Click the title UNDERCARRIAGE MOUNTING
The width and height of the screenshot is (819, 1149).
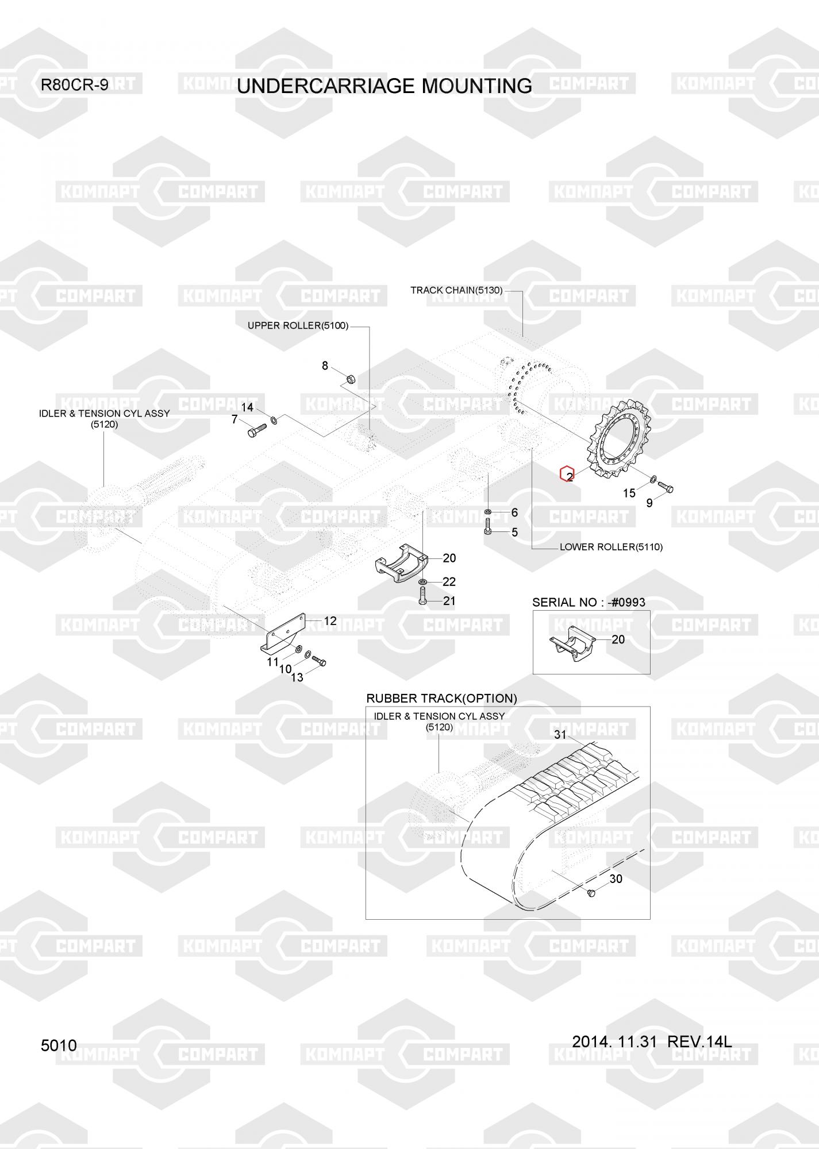click(x=384, y=86)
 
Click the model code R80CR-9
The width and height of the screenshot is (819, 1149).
click(x=74, y=85)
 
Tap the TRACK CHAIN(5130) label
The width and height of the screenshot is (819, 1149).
click(x=456, y=290)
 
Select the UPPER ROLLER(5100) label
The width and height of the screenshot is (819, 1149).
click(x=298, y=326)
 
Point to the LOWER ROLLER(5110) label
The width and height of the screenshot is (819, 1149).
click(x=611, y=547)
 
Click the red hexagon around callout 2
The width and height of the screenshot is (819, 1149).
click(x=567, y=474)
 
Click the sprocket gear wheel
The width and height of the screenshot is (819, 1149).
click(x=618, y=445)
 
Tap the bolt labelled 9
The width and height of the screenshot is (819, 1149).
click(x=665, y=487)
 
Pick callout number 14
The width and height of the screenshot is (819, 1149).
click(x=247, y=407)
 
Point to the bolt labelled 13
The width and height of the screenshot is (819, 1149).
click(x=318, y=661)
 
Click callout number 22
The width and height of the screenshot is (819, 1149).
click(x=449, y=582)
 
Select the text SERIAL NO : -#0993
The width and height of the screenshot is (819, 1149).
click(x=589, y=602)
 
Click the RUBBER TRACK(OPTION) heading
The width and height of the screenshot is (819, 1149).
click(x=441, y=698)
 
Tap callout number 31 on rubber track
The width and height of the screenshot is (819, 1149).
click(x=560, y=734)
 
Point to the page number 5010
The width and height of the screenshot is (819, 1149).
click(x=59, y=1046)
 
